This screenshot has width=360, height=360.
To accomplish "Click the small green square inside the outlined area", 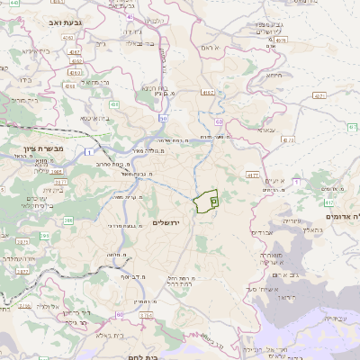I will (x=214, y=202).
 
